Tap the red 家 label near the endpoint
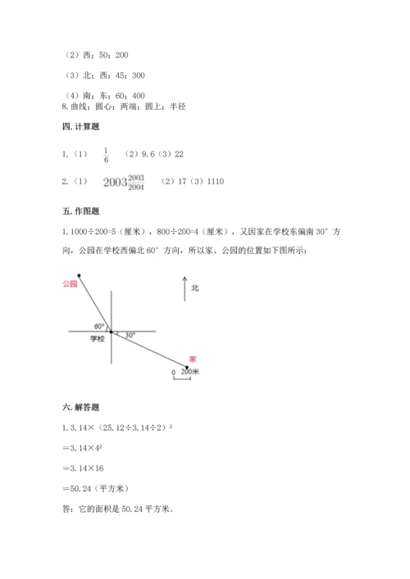coord(192,359)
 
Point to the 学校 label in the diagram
coord(98,339)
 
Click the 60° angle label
coord(99,325)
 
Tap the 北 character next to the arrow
coord(195,288)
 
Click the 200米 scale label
coord(191,371)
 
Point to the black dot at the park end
coord(79,275)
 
